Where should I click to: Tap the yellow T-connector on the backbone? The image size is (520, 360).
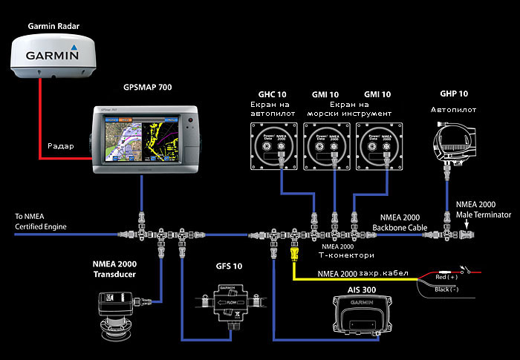pos(294,255)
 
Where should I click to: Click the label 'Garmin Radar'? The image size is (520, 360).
pos(53,25)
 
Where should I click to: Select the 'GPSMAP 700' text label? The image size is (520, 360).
pos(147,88)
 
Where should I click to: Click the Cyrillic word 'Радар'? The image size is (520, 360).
pos(61,146)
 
